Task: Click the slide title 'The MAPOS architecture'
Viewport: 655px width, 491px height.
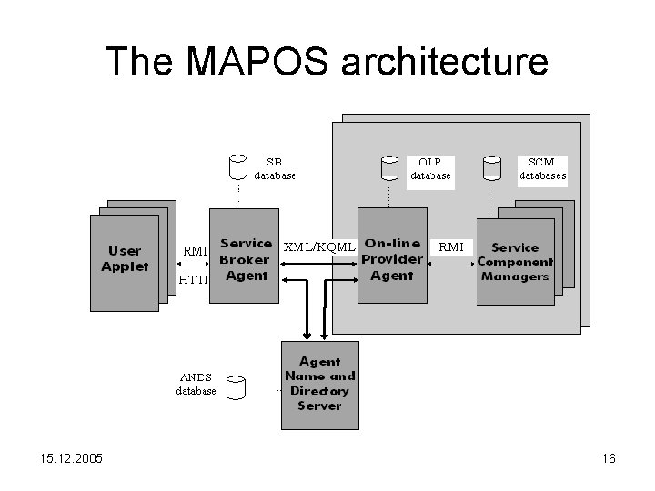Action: click(x=327, y=62)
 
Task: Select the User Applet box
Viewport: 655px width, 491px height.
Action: click(x=125, y=258)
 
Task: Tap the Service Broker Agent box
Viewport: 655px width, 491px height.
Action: click(x=245, y=259)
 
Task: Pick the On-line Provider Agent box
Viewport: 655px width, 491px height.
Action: click(x=392, y=258)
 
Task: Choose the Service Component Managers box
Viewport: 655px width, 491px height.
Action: click(x=515, y=261)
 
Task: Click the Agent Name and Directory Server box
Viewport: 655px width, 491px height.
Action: click(x=319, y=383)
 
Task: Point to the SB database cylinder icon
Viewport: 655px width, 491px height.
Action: click(x=237, y=166)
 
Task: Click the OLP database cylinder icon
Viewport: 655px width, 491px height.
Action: click(x=389, y=167)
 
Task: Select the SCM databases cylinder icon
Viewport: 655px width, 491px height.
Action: click(x=492, y=167)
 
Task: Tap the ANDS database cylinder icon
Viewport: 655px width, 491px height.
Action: click(x=237, y=388)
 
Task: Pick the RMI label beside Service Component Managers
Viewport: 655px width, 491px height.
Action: click(x=451, y=246)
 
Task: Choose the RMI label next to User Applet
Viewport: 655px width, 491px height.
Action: click(x=195, y=251)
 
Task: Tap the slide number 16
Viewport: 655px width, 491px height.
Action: click(x=609, y=458)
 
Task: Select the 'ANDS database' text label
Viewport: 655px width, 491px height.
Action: click(x=196, y=384)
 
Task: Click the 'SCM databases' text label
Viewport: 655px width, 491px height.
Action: click(x=542, y=169)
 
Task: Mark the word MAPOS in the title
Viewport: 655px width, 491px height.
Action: click(x=250, y=62)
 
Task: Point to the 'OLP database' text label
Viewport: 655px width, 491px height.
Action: click(x=429, y=169)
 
